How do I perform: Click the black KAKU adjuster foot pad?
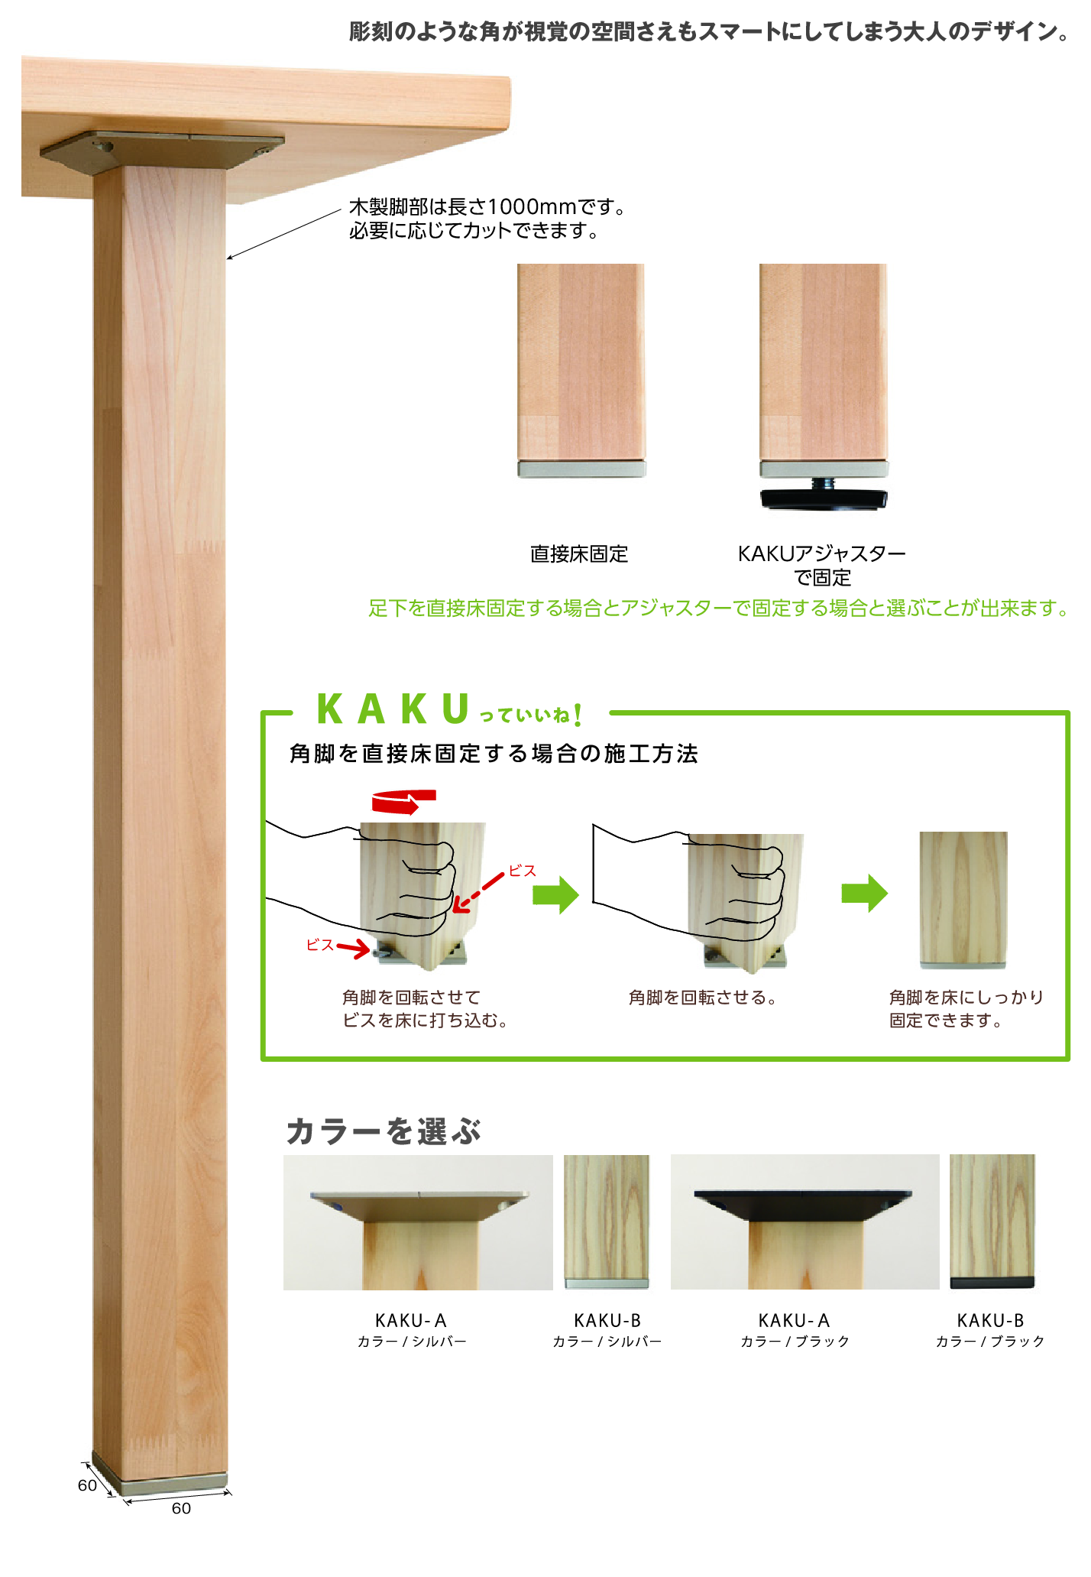click(824, 499)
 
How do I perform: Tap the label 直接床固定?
click(579, 554)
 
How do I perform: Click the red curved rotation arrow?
click(403, 802)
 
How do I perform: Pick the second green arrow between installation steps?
click(865, 893)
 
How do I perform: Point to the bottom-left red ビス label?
click(320, 946)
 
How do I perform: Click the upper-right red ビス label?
click(523, 871)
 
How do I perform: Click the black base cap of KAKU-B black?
click(992, 1283)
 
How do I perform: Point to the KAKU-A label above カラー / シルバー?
click(411, 1320)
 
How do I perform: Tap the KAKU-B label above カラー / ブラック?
click(990, 1320)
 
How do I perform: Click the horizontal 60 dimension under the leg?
click(181, 1508)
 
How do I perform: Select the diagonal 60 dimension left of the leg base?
click(87, 1485)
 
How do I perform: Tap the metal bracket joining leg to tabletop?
click(162, 151)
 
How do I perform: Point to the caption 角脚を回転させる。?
click(703, 998)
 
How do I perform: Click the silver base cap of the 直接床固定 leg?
click(581, 469)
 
